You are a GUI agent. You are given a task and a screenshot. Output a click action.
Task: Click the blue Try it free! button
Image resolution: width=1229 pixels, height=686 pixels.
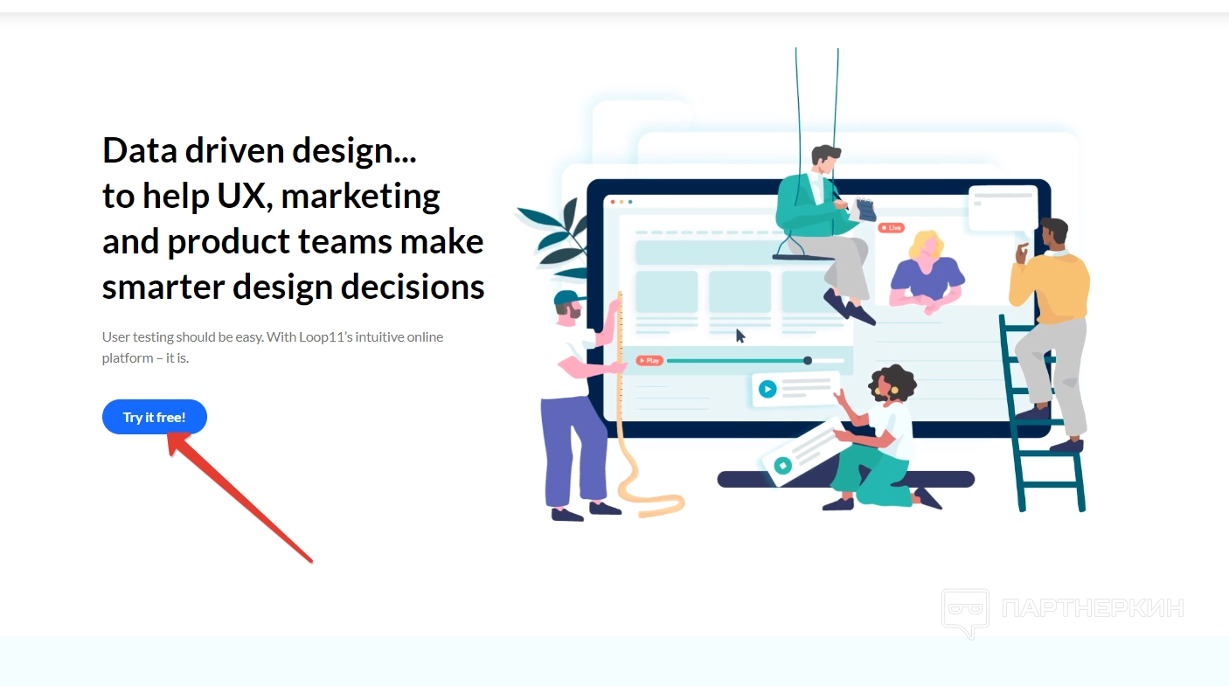click(x=154, y=417)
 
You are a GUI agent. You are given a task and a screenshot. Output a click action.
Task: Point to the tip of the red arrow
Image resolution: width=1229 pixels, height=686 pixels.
click(x=168, y=434)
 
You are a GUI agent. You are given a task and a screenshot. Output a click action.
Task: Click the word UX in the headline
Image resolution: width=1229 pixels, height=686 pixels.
click(x=241, y=196)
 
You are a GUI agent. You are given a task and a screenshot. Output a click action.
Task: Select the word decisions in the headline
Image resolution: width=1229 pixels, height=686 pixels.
click(x=413, y=287)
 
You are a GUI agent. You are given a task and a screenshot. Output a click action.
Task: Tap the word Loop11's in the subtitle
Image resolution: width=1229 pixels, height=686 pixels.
click(x=325, y=336)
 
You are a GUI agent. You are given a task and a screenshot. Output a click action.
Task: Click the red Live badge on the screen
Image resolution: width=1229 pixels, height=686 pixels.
click(x=891, y=227)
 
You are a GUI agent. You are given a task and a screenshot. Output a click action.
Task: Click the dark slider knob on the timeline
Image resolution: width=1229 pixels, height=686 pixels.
click(x=808, y=360)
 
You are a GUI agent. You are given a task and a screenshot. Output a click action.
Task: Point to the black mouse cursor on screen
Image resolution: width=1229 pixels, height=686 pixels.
click(x=740, y=336)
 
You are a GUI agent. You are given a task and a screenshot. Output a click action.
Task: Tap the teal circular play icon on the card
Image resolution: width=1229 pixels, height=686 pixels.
click(x=767, y=390)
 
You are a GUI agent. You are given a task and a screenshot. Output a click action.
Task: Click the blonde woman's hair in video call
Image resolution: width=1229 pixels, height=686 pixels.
click(x=927, y=244)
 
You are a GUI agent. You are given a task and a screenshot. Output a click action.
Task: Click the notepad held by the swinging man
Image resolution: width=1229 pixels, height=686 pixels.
click(x=865, y=210)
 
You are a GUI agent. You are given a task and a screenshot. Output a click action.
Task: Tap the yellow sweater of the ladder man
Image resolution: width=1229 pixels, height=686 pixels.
click(x=1051, y=287)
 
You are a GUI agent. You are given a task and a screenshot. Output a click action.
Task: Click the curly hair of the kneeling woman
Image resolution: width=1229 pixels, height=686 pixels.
click(x=893, y=380)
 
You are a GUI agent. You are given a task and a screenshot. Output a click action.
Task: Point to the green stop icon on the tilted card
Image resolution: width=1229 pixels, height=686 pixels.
click(x=783, y=466)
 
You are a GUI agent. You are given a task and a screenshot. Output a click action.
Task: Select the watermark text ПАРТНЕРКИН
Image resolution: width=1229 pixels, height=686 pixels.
click(x=1093, y=608)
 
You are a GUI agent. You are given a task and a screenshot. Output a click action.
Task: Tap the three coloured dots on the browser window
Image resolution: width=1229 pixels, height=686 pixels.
click(x=621, y=202)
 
